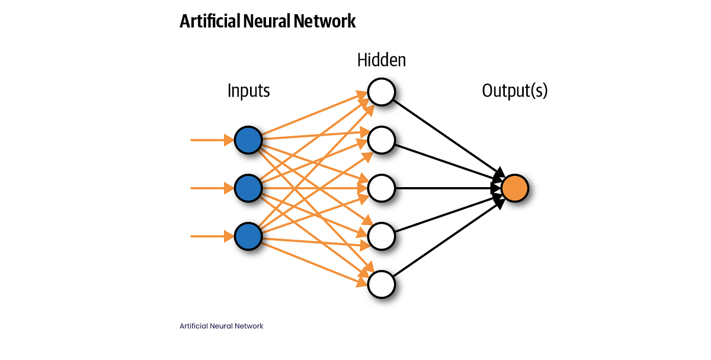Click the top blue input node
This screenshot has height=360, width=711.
[x=248, y=140]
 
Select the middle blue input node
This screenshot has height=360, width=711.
[x=248, y=188]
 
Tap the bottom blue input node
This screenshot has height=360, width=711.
[x=248, y=236]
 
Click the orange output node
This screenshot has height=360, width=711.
[x=514, y=188]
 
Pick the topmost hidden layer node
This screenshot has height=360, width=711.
[x=382, y=92]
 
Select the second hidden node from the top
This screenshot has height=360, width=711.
[x=382, y=140]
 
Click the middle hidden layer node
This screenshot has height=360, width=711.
[x=382, y=188]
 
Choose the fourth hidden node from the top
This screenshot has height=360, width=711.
[x=382, y=236]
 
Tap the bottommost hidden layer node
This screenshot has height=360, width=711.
[x=382, y=284]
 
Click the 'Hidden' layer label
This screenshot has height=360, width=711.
[x=382, y=60]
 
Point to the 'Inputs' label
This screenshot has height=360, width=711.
[x=248, y=91]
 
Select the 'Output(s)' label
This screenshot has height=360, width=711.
[x=514, y=91]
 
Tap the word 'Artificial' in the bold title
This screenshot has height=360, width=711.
[x=209, y=21]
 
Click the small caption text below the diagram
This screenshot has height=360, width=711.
[x=221, y=326]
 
